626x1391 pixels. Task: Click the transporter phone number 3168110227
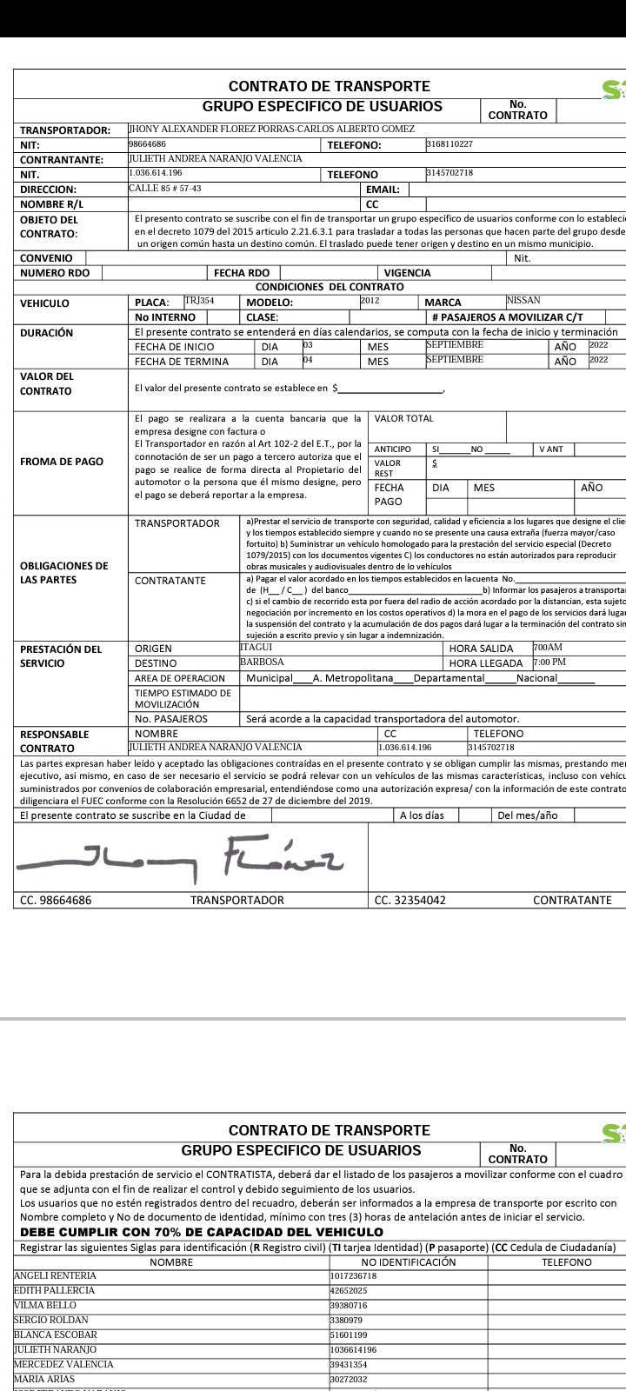coord(450,143)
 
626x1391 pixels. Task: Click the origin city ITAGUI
coord(256,648)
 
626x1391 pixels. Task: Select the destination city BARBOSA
coord(262,662)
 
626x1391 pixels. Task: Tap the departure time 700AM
coord(548,648)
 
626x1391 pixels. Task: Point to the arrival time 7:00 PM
coord(549,662)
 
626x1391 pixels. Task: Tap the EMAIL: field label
coord(383,189)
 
